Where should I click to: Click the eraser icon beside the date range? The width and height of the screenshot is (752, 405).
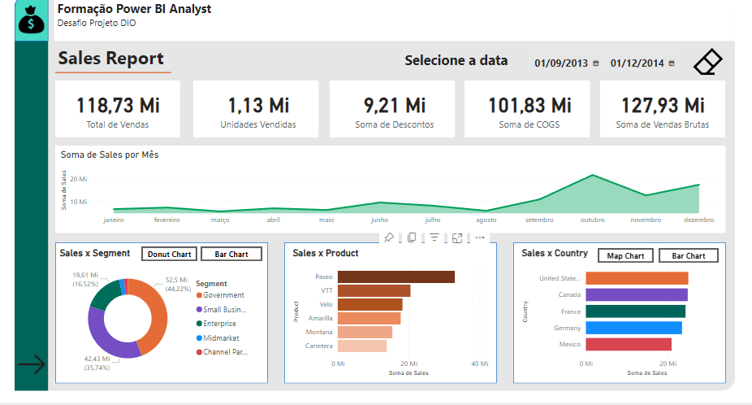[x=708, y=62]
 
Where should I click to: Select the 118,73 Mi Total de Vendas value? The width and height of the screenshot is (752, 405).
[x=118, y=105]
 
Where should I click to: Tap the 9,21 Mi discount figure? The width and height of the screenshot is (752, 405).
[x=395, y=105]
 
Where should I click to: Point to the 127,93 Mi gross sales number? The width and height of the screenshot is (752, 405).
[x=663, y=105]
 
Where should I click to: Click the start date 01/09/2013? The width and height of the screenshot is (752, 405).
[x=560, y=63]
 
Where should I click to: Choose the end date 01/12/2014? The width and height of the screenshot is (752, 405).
[x=637, y=63]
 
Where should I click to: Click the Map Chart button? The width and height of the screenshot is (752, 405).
[x=625, y=255]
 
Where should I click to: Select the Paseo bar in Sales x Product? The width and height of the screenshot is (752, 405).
[x=395, y=277]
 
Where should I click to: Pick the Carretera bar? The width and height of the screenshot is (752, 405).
[x=361, y=346]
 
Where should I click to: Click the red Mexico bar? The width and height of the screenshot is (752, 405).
[x=628, y=344]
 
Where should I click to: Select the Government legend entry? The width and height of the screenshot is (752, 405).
[x=223, y=295]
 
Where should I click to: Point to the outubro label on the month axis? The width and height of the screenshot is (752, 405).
[x=592, y=220]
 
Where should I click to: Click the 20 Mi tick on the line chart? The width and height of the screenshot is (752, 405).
[x=79, y=179]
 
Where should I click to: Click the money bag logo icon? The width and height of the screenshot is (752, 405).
[x=32, y=20]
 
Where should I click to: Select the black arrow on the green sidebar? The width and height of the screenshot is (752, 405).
[x=31, y=364]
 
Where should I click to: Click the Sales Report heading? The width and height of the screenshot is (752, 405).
[x=111, y=59]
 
